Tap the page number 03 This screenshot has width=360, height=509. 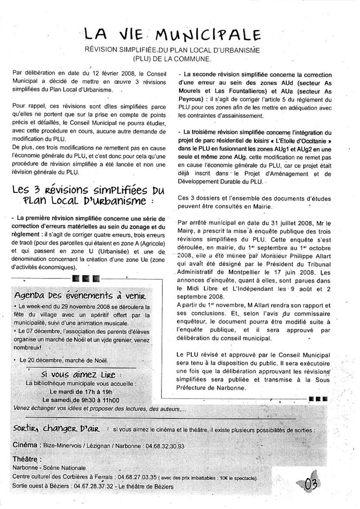(x=311, y=484)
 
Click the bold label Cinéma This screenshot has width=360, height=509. (x=25, y=445)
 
